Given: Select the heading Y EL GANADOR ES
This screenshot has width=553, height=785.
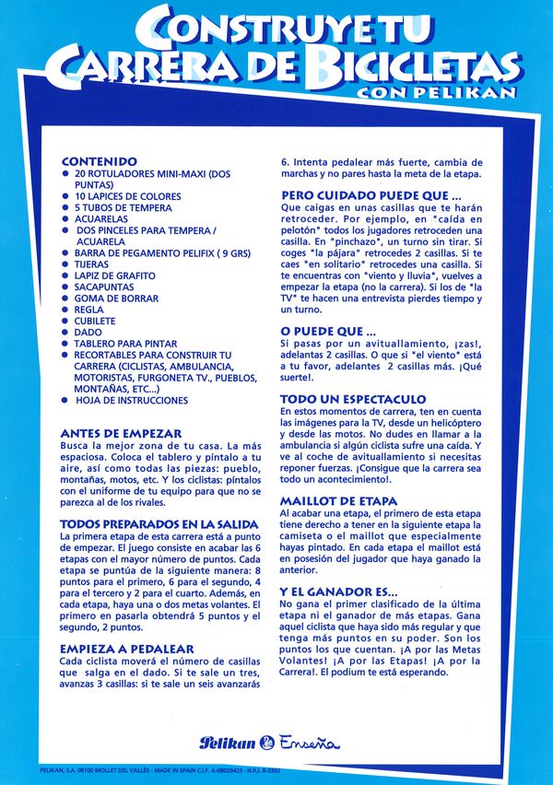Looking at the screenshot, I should coord(339,591).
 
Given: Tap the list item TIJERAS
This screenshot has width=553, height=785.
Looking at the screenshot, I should coord(91,264).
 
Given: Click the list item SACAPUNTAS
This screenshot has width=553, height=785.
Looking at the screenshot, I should coord(102,287).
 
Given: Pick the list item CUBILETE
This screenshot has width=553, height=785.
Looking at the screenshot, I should coord(96,321).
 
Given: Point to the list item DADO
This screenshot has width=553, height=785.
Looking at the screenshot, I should coord(88,332).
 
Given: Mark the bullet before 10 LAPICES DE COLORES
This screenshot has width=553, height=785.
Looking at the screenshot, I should coord(65,196).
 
